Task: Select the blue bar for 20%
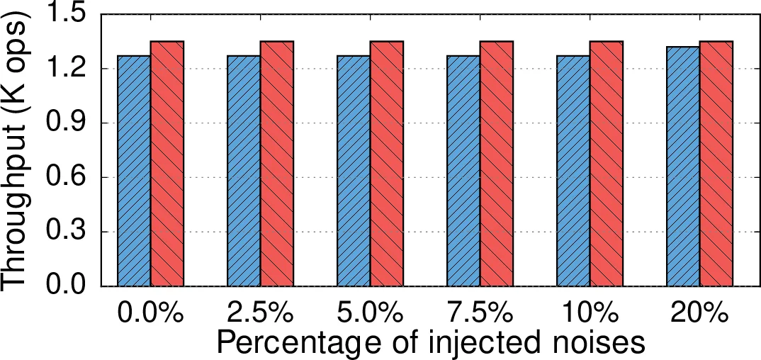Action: (683, 167)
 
